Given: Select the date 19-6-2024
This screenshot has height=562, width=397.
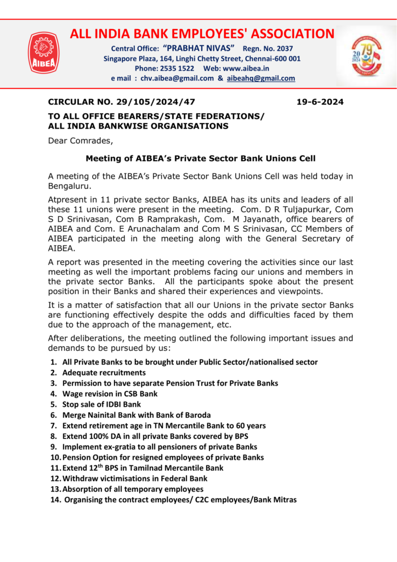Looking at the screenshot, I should pos(320,102).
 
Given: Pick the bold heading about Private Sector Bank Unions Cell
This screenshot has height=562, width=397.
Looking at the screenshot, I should pos(200,159).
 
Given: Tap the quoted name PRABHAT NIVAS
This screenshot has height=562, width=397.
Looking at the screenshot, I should pos(199,48).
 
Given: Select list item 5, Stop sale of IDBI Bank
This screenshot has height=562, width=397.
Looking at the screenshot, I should pos(101,404).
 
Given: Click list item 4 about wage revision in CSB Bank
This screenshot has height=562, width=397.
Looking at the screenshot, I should pos(110,394).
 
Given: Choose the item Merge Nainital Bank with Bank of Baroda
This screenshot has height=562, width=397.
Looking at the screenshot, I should pos(136,415).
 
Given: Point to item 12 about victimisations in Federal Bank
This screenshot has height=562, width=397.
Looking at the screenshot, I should pos(134,478).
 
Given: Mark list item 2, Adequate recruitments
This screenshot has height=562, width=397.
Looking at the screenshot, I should pos(104,373).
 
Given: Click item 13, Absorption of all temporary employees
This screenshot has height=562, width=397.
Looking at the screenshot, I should pos(132,488).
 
